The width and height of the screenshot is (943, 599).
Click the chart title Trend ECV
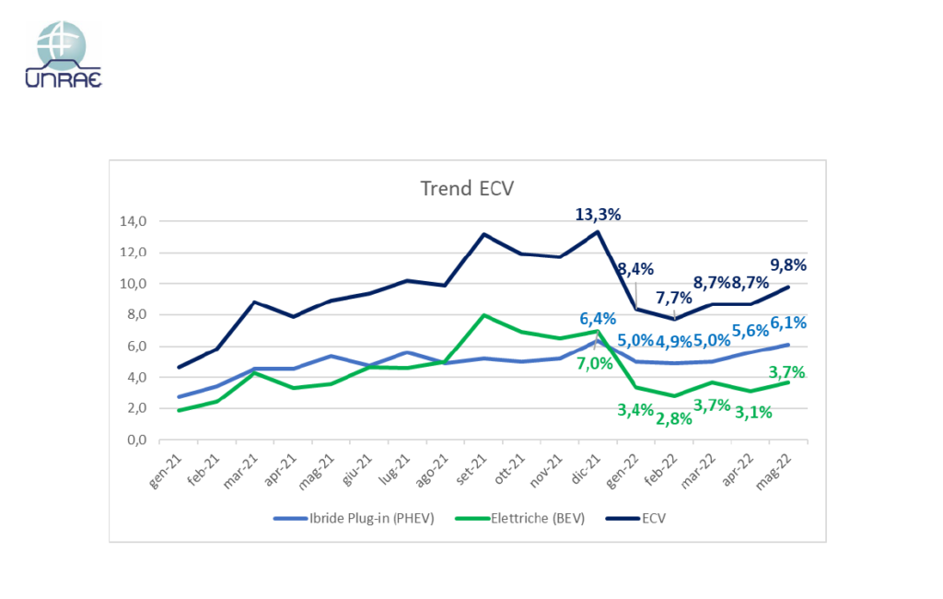click(467, 188)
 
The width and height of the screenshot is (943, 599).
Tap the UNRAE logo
click(64, 54)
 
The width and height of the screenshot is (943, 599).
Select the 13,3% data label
click(598, 214)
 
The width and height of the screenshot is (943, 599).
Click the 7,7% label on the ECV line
click(673, 299)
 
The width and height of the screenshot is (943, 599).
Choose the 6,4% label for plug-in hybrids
click(598, 319)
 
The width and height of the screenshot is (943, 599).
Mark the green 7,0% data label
click(596, 363)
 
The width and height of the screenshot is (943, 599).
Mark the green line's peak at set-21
click(484, 315)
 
